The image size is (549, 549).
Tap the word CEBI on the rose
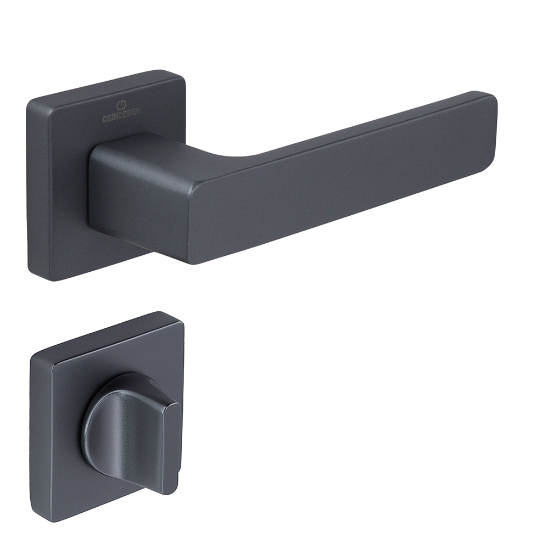[x=110, y=118]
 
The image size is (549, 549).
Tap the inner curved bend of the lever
[x=245, y=154]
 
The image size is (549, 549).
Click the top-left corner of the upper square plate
[x=30, y=102]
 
